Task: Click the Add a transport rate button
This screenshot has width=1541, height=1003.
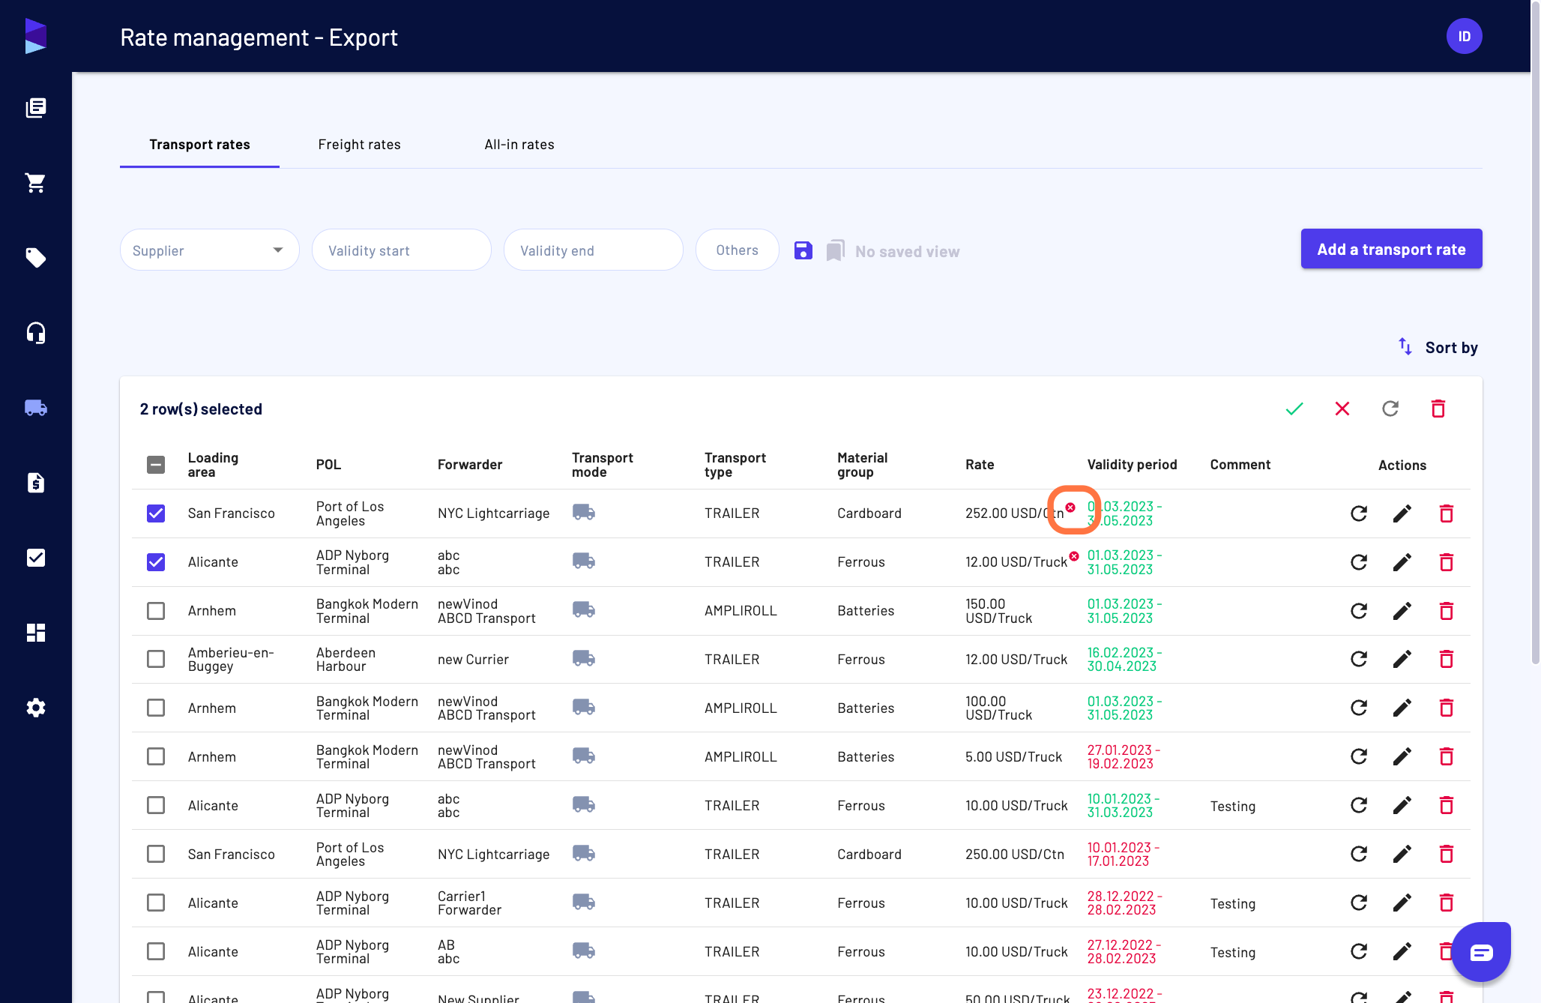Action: coord(1391,249)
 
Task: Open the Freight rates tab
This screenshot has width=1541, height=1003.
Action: coord(359,145)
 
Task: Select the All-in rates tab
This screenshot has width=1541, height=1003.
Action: coord(519,145)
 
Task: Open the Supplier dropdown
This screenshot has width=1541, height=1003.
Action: coord(210,250)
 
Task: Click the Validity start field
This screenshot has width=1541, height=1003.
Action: coord(402,250)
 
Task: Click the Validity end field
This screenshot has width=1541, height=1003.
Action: coord(594,250)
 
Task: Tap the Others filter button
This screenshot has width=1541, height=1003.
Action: coord(738,250)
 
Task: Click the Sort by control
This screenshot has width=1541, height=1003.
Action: coord(1438,347)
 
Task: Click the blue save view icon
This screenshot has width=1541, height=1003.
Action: coord(803,250)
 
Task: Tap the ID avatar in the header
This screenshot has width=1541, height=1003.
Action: coord(1465,36)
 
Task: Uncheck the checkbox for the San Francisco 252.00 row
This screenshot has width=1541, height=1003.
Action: coord(156,513)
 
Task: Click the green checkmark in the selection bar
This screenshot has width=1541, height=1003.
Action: coord(1294,409)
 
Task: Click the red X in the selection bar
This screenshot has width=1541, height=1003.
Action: coord(1342,409)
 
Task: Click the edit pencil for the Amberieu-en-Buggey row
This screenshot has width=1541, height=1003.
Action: coord(1402,659)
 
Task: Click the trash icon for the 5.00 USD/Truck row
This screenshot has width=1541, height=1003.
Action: coord(1447,756)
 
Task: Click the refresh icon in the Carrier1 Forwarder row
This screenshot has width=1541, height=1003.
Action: coord(1359,903)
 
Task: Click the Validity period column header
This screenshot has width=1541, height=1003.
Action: coord(1132,465)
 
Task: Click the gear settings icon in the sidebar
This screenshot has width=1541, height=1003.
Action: coord(36,708)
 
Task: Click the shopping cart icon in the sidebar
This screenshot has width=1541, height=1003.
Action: coord(36,183)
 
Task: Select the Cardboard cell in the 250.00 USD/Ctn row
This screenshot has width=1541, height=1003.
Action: coord(869,854)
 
